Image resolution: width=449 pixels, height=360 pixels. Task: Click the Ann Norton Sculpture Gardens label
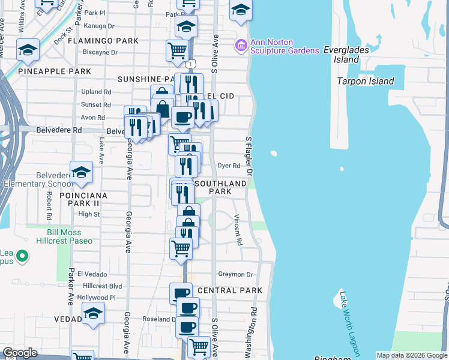pos(285,46)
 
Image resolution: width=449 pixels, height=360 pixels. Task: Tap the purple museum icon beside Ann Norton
pos(241,45)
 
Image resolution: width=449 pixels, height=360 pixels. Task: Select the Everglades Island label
pos(349,55)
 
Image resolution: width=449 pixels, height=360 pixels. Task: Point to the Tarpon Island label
pos(366,81)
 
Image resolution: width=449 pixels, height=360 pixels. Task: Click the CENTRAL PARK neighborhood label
pos(229,290)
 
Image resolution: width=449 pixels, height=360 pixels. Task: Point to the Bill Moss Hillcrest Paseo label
pos(70,236)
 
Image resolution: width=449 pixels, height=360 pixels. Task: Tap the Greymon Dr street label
pos(237,275)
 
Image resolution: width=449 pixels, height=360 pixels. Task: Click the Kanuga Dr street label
pos(99,26)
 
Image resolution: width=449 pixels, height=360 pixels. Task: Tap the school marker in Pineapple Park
pos(28,50)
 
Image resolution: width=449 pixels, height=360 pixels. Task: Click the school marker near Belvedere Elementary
pos(81,173)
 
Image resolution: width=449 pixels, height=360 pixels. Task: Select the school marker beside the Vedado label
pos(93,313)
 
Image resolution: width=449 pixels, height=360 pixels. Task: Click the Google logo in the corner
pos(20,353)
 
